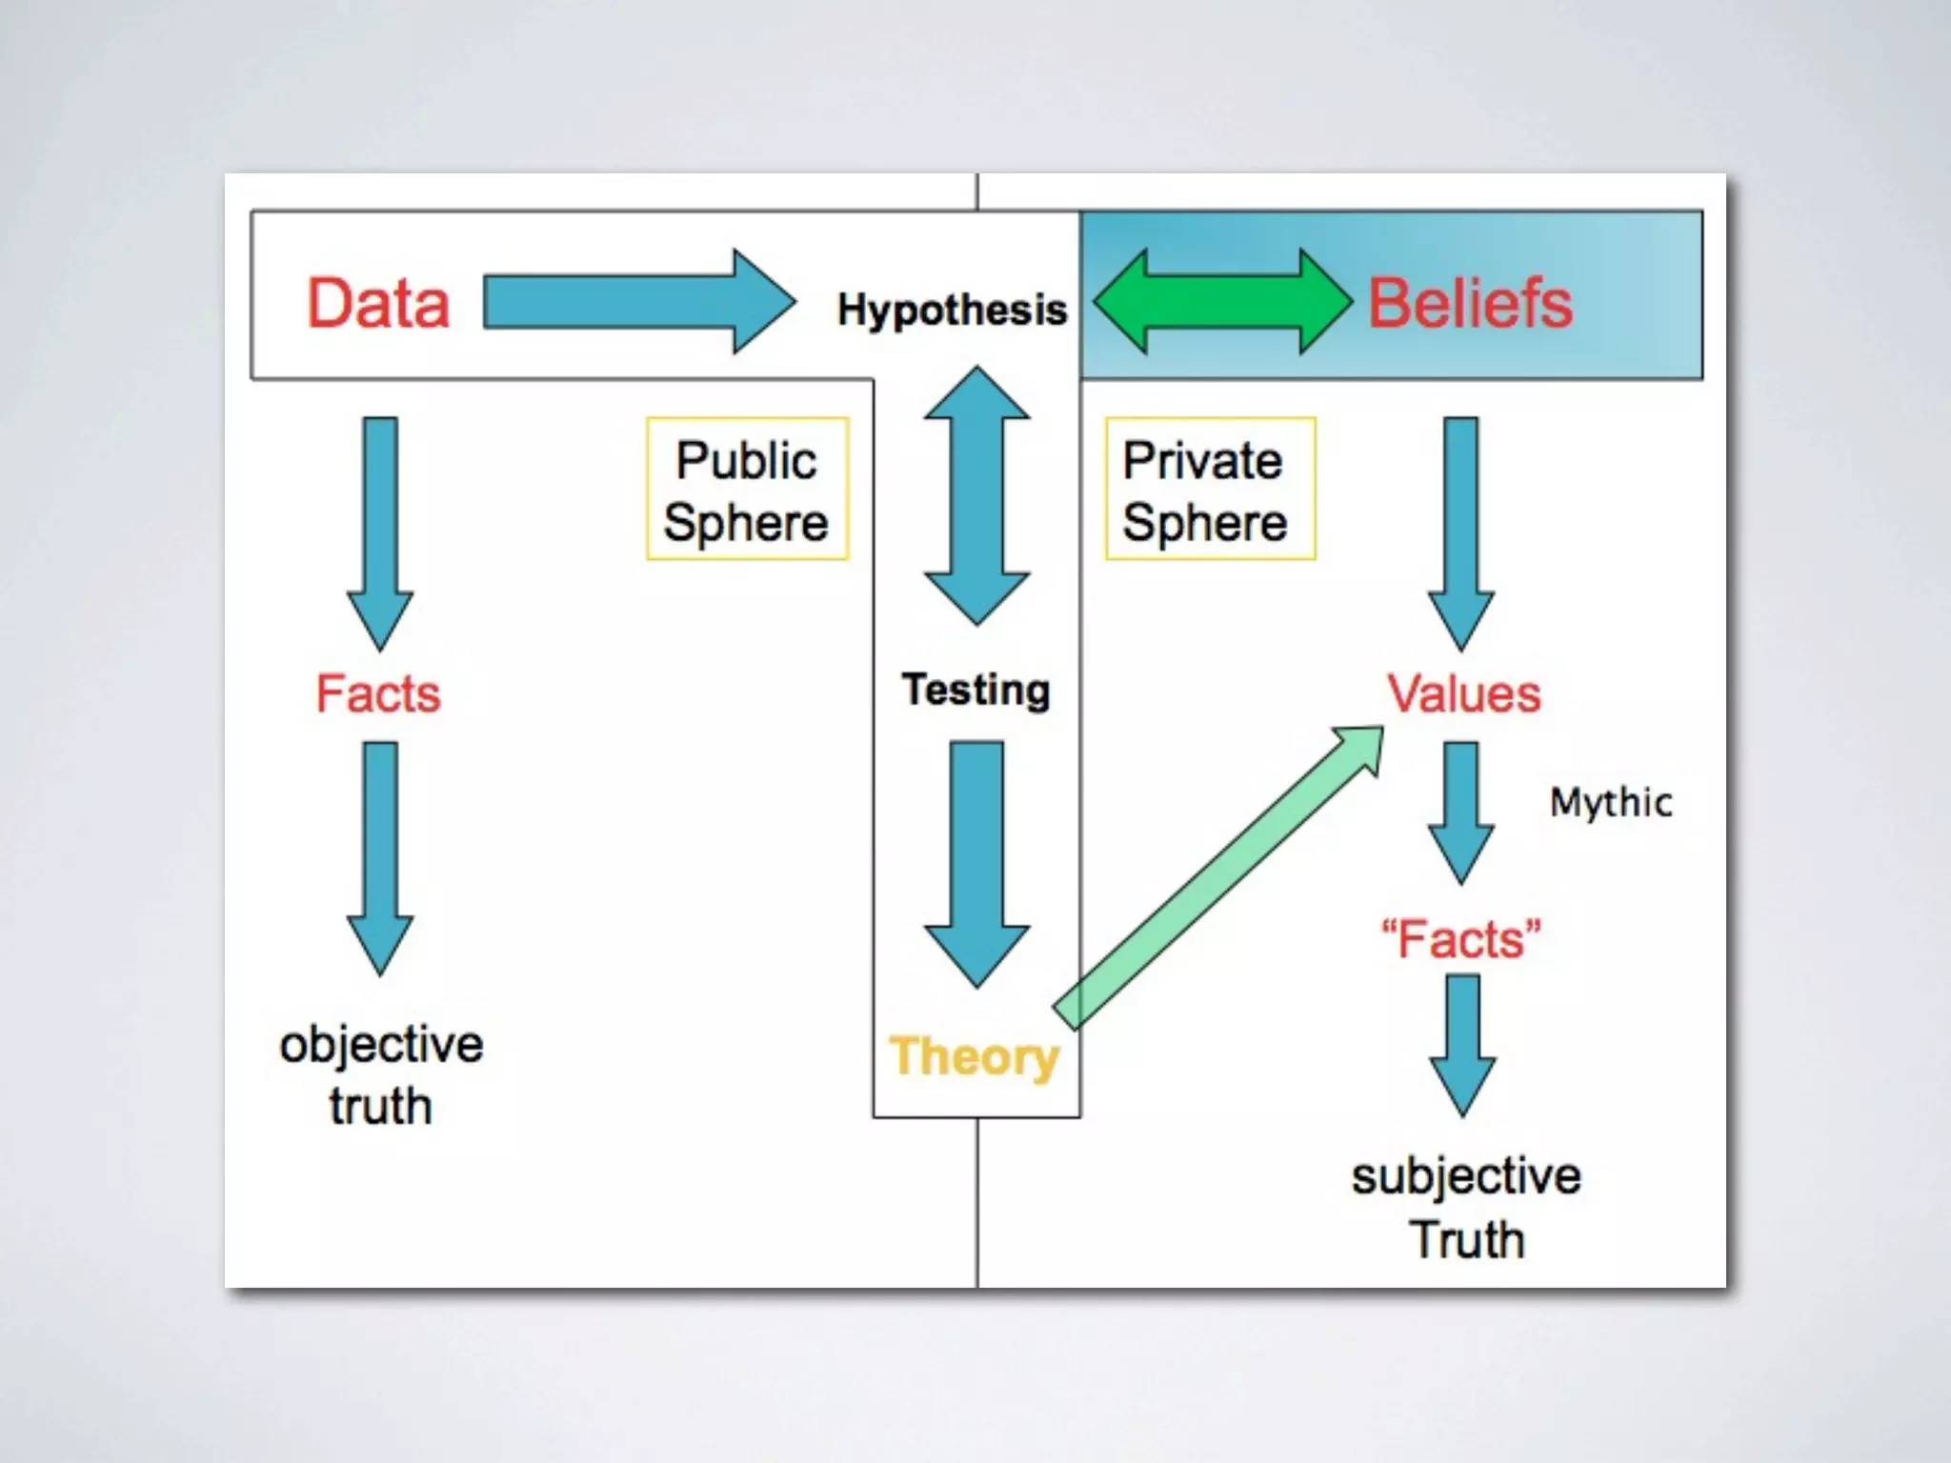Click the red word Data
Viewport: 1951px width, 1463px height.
click(x=378, y=303)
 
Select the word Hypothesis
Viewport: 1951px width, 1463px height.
click(x=952, y=310)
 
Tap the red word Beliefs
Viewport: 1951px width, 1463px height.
click(x=1470, y=303)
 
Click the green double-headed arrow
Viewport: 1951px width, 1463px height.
click(x=1223, y=301)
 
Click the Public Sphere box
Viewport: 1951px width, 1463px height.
click(x=747, y=489)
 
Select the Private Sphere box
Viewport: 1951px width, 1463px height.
click(x=1210, y=489)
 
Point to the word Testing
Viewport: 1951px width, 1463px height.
click(x=976, y=690)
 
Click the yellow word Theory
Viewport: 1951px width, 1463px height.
click(x=974, y=1056)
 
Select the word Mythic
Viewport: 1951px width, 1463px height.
click(x=1611, y=802)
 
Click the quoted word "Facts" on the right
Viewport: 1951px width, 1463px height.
click(x=1461, y=939)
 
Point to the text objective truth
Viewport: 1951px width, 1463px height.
click(x=381, y=1074)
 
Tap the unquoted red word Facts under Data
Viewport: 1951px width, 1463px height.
click(x=378, y=692)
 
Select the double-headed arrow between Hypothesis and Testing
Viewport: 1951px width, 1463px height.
click(x=976, y=496)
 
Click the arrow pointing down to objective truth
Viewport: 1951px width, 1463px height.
click(x=380, y=857)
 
